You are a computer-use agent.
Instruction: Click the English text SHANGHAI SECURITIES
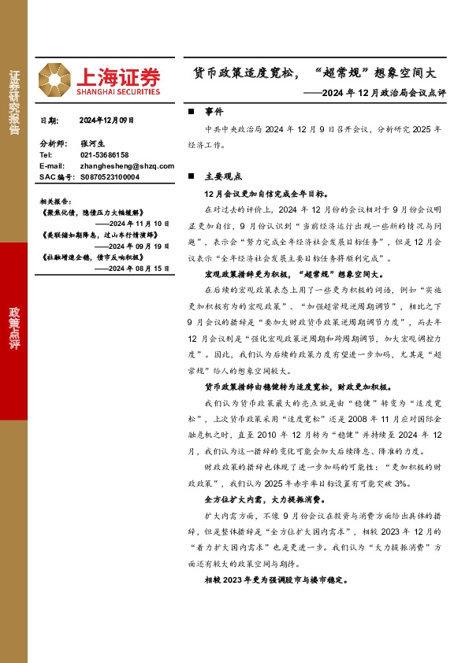[118, 91]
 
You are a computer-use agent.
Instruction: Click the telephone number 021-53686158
[105, 155]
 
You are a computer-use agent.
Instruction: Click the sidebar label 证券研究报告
[14, 103]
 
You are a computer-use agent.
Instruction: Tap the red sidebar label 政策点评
[14, 330]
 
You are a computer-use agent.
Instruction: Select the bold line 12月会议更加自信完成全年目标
[260, 194]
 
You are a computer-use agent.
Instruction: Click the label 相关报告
[55, 201]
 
